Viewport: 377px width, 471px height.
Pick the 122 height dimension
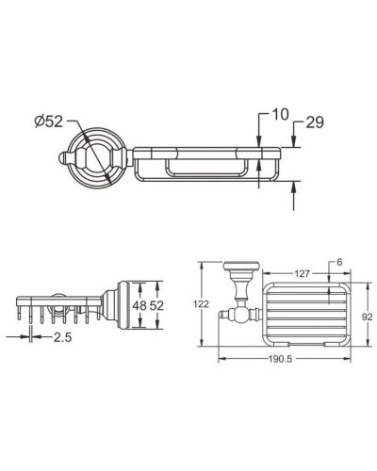click(x=188, y=304)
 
